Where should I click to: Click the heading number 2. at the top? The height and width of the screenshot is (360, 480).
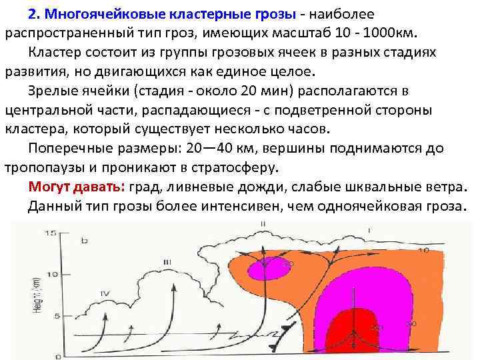pos(35,14)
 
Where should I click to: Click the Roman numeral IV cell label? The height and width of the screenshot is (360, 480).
pos(104,293)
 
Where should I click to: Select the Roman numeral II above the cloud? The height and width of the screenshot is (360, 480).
pos(264,223)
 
